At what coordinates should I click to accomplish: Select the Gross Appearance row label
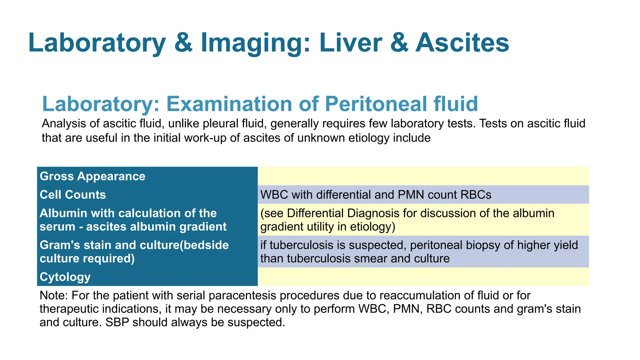(x=92, y=176)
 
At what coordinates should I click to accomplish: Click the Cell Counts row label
(x=73, y=195)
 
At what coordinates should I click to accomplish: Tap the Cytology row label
(x=65, y=277)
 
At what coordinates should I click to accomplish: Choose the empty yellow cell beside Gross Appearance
(x=423, y=176)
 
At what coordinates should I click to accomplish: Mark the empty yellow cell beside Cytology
(x=423, y=277)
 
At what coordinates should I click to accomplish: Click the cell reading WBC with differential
(x=376, y=195)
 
